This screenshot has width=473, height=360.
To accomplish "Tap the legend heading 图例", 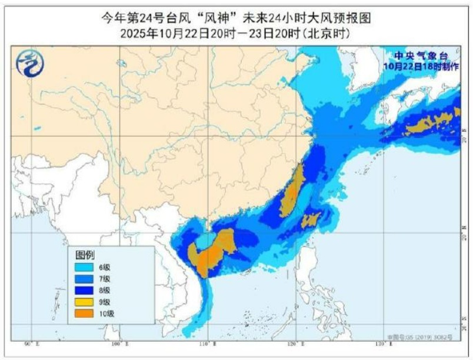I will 85,255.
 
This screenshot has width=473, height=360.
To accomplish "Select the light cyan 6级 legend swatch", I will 85,266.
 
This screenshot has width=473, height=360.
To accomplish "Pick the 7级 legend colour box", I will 85,278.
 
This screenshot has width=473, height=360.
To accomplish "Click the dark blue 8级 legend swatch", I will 85,290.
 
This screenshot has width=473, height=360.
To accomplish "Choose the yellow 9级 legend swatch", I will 85,302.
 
